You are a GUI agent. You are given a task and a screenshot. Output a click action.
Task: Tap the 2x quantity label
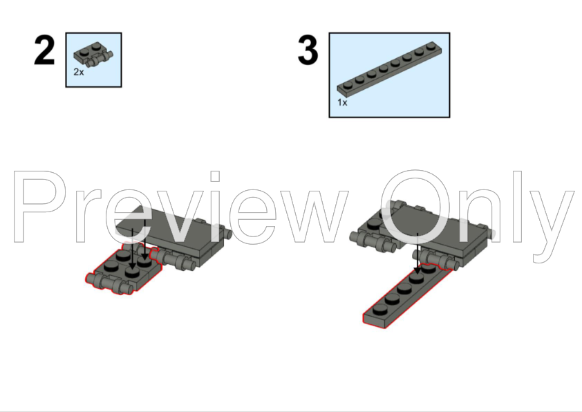[x=79, y=72]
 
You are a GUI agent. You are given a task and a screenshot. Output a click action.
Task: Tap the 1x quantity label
[x=342, y=102]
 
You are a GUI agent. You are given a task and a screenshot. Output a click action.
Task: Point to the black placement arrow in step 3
[x=416, y=257]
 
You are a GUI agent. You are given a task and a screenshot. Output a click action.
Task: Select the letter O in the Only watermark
[x=422, y=207]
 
